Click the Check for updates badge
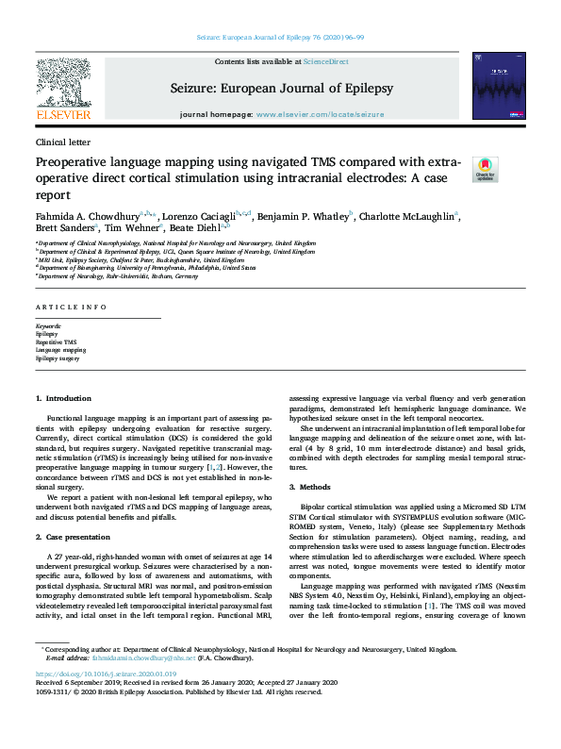coord(485,169)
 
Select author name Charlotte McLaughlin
coord(408,216)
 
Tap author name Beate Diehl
coord(194,227)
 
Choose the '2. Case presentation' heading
coord(74,538)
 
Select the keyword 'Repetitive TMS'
coord(57,342)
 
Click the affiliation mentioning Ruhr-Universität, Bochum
coord(118,276)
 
